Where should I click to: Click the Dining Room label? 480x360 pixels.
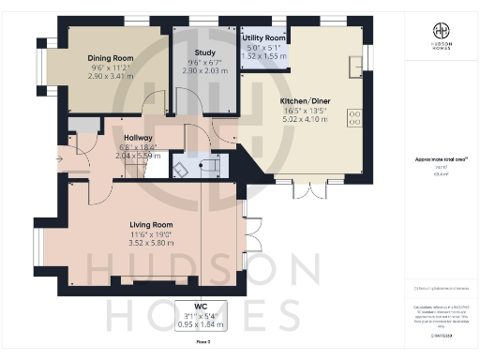(x=111, y=58)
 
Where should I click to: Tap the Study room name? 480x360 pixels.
(x=205, y=52)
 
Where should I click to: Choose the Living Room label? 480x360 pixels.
(x=151, y=225)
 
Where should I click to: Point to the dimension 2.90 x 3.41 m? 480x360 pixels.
(x=111, y=77)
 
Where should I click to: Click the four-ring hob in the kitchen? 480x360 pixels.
(x=355, y=118)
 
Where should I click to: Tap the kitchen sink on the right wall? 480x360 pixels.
(x=356, y=65)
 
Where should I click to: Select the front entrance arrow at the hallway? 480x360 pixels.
(x=60, y=160)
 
